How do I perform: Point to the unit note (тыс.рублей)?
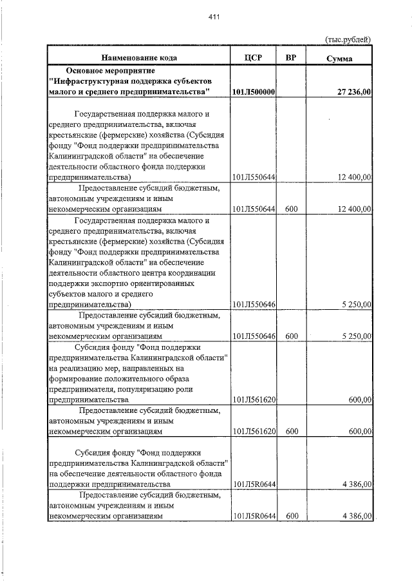coord(348,39)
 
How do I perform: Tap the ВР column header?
coord(291,57)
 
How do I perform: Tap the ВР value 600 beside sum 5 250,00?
coord(291,336)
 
